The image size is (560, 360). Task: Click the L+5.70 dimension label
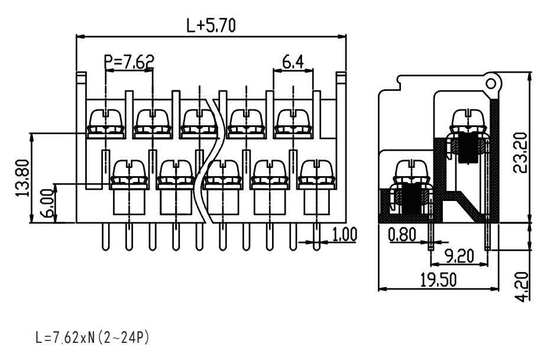point(211,25)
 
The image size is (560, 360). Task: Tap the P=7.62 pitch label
point(129,62)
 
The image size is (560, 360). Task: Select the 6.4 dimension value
point(293,62)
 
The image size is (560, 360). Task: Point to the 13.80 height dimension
point(22,178)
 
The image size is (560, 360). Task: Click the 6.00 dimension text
point(50,203)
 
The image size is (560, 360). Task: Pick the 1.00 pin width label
point(345,234)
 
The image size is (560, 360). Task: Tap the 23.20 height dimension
point(520,153)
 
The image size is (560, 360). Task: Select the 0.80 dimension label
point(402,235)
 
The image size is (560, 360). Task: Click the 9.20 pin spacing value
point(459,256)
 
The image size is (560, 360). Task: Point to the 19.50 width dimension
point(438,280)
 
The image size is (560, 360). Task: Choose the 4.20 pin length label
point(523,287)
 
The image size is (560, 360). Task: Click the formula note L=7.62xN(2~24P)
point(92,337)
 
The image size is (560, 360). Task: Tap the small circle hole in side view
point(491,84)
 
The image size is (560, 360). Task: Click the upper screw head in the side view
point(468,121)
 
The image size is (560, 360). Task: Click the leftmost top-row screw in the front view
point(106,124)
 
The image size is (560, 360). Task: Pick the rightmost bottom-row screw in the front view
point(316,174)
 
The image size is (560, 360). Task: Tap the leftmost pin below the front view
point(106,236)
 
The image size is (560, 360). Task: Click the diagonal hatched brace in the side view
point(468,205)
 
